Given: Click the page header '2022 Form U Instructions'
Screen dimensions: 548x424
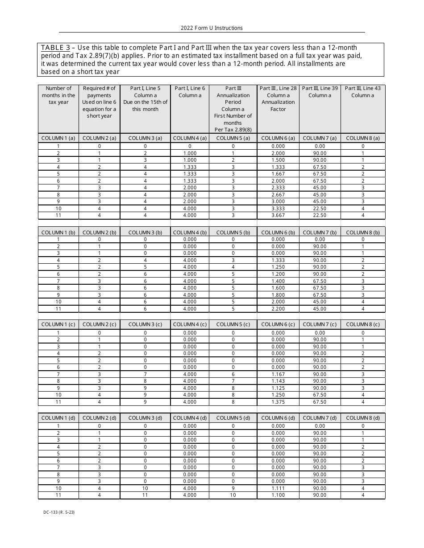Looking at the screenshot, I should coord(212,28).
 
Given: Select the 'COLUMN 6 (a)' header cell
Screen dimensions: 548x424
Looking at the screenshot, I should coord(278,138).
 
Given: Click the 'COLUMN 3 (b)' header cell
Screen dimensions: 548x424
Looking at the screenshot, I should coord(145,232).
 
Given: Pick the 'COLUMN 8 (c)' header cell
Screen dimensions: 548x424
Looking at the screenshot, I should coord(362,324).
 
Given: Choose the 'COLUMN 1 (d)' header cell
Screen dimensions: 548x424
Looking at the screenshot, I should coord(58,418).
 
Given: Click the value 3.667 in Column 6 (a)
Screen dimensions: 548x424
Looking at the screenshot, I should coord(278,216).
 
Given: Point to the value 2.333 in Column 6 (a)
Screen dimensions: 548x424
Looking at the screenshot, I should coord(278,188).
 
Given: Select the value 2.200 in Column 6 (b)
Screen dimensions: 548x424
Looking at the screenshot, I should coord(278,309).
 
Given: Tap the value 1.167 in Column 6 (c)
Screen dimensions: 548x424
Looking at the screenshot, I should coord(278,374).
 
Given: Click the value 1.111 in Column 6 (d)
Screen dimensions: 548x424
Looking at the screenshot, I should coord(278,488).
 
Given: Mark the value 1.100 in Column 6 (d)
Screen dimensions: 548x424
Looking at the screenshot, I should coord(278,495).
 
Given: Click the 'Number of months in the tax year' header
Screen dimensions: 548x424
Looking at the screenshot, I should coord(58,95).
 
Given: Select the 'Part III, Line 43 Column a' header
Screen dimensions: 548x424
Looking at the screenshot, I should coord(362,92).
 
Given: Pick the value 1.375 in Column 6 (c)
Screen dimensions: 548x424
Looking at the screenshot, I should coord(278,402).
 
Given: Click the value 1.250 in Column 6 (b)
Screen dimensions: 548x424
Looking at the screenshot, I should coord(278,267).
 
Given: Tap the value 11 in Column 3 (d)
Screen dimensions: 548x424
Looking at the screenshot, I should coord(145,495).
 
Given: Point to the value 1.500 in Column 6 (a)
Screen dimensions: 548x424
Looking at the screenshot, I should coord(278,160).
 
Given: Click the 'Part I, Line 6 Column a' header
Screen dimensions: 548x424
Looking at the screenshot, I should coord(190,92).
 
